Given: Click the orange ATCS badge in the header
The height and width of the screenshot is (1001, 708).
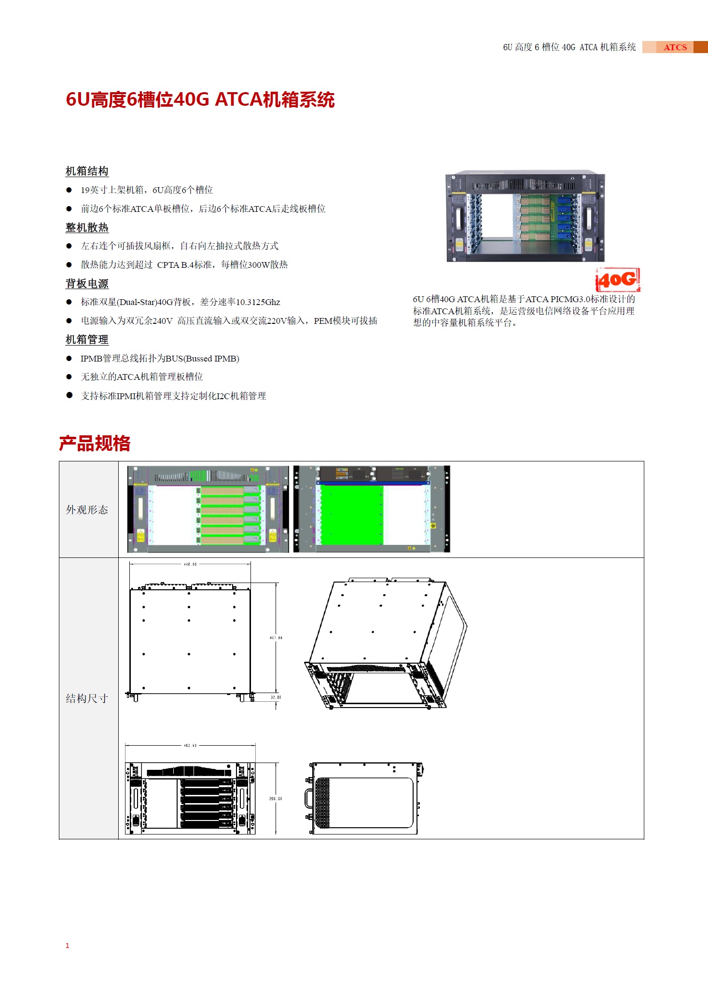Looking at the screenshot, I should tap(675, 47).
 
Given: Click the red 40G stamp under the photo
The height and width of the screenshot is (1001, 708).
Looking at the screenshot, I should tap(618, 280).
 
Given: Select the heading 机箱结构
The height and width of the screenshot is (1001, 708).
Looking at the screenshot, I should tap(87, 171).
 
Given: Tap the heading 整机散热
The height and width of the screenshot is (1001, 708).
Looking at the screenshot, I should tap(87, 227).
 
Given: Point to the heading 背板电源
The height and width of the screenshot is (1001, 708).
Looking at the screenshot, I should tap(87, 284).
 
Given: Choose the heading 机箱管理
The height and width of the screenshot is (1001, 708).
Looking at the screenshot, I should tap(87, 340).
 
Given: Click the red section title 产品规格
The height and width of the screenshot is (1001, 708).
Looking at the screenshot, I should tap(95, 444).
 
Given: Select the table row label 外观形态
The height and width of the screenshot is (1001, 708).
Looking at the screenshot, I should tap(87, 510).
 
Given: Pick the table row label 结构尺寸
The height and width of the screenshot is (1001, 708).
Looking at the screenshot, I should tap(87, 698).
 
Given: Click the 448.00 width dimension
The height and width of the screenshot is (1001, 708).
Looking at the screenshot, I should tap(190, 564).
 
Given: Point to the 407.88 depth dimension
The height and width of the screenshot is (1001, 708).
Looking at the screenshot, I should tap(276, 638).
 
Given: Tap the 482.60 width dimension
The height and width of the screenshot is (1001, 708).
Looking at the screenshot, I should tap(190, 746).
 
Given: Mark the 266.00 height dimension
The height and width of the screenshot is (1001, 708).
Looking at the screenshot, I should tap(276, 799).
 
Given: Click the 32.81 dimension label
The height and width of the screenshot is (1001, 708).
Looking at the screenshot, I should tap(275, 697).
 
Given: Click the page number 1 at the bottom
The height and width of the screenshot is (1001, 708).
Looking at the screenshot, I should tap(68, 945).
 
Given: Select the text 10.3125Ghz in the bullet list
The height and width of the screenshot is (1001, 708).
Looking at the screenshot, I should tap(258, 302).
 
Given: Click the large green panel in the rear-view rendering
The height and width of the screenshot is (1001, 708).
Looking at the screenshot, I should tap(351, 515).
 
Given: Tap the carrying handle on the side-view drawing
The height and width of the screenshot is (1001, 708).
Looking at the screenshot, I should tap(309, 798).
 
